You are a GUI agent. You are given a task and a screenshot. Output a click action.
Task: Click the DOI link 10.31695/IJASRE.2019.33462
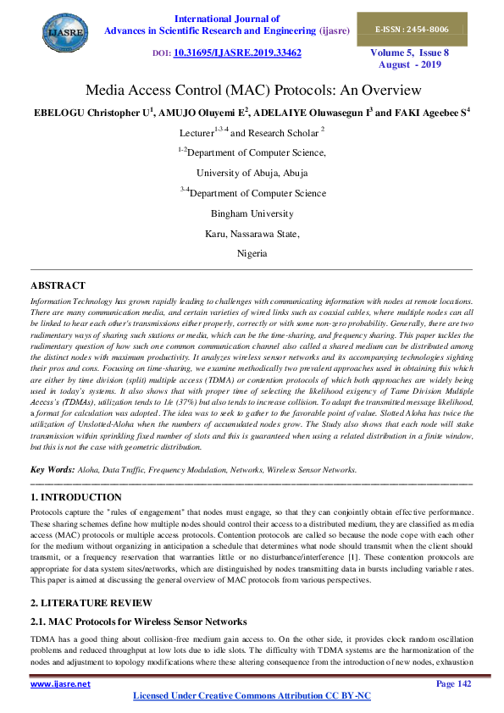[237, 52]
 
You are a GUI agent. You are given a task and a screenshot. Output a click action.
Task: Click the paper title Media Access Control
[252, 91]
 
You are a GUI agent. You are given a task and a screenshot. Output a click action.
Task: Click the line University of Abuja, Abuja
[252, 172]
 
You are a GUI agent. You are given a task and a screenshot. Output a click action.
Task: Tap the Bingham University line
[252, 213]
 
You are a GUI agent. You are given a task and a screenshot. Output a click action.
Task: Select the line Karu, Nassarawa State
[252, 233]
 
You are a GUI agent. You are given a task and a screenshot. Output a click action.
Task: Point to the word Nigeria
[252, 253]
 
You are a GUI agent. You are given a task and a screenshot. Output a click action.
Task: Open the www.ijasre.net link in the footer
[60, 683]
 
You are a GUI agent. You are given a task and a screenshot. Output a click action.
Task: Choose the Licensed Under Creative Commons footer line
[252, 695]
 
